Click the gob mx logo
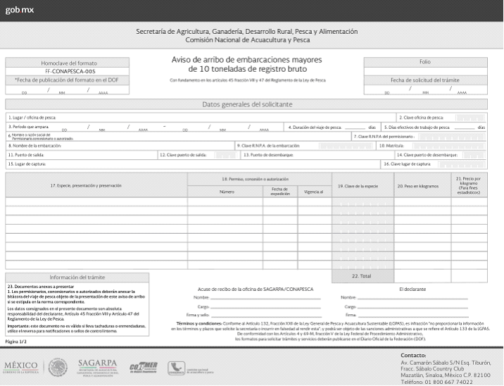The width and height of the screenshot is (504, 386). [19, 10]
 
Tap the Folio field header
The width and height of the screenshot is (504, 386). [424, 62]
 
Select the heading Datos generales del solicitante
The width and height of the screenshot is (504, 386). [246, 104]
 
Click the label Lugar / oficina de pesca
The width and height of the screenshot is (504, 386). [32, 117]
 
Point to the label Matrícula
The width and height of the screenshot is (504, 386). [391, 145]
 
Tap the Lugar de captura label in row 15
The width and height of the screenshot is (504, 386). [28, 163]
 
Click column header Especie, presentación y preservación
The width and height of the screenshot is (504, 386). [96, 185]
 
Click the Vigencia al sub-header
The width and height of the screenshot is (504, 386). [314, 192]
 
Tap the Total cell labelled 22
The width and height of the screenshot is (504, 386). [361, 277]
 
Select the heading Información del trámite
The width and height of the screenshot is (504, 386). [77, 277]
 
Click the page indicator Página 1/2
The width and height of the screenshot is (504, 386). [16, 341]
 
